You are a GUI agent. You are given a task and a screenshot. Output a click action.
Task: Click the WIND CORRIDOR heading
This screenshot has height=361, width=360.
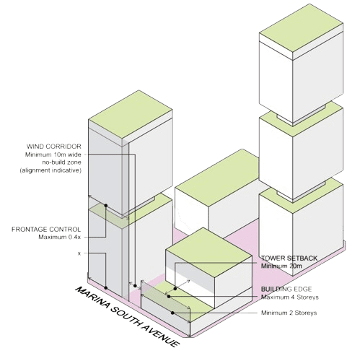click(x=54, y=147)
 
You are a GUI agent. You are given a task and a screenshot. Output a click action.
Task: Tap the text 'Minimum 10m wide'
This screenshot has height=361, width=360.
click(x=53, y=155)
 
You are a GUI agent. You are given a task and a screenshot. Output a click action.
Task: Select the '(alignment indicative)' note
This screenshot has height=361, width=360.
click(x=51, y=170)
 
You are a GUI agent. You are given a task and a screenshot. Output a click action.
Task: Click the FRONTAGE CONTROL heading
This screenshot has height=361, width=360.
click(x=46, y=230)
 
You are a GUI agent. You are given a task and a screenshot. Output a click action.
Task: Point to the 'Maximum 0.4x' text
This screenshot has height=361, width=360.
click(x=59, y=237)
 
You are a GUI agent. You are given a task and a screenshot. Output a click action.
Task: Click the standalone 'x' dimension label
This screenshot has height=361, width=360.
click(x=79, y=253)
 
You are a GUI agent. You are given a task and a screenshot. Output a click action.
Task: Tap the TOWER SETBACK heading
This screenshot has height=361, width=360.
click(x=289, y=258)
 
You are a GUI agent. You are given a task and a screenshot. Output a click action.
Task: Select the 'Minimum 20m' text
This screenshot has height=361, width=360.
click(x=281, y=266)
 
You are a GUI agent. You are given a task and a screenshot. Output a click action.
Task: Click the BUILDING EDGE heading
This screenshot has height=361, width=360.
click(x=286, y=289)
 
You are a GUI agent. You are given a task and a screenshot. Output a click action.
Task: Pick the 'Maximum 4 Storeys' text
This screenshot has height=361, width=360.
click(x=290, y=297)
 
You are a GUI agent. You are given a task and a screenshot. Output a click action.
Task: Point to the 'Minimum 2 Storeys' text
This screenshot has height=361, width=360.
click(x=289, y=313)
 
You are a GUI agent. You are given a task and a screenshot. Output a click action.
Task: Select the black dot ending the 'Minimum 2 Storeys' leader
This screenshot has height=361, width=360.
click(x=172, y=313)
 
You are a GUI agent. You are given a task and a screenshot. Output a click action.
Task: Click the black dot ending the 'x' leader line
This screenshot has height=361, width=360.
click(x=106, y=288)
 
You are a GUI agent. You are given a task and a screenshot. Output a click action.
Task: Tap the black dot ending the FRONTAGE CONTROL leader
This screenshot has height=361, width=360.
click(x=106, y=206)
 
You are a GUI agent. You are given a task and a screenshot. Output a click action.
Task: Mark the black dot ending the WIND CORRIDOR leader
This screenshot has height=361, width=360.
click(x=135, y=286)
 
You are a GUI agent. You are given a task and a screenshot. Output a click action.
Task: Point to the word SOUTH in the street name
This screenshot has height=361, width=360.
click(x=126, y=317)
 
